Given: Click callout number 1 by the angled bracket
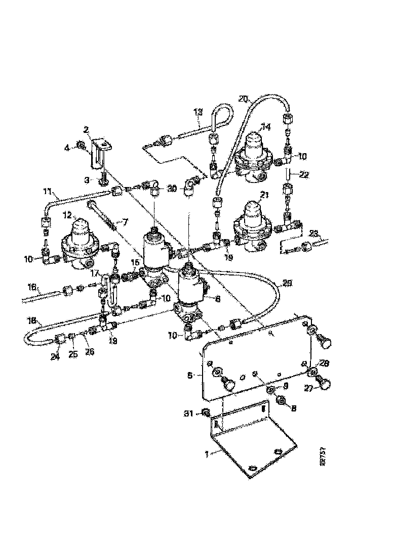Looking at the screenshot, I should pyautogui.click(x=206, y=454).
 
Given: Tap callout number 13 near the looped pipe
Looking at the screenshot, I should pyautogui.click(x=198, y=113).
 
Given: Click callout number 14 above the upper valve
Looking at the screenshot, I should pyautogui.click(x=265, y=127).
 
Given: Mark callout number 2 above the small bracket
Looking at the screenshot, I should pyautogui.click(x=86, y=129).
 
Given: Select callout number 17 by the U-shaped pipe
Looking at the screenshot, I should pyautogui.click(x=94, y=273).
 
